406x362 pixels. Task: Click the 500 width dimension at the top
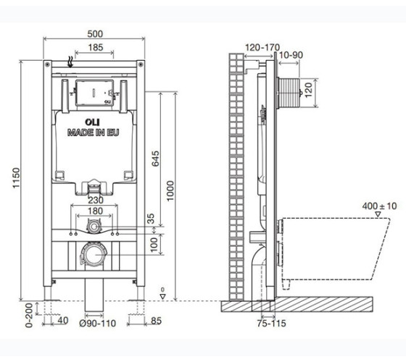click(x=95, y=34)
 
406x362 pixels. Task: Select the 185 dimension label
click(x=96, y=48)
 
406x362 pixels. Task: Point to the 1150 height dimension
click(x=16, y=178)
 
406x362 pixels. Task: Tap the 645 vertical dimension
click(x=155, y=159)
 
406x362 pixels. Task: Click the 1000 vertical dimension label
click(x=170, y=191)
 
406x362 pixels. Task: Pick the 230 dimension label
click(x=96, y=200)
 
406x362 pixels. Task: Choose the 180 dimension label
click(x=95, y=211)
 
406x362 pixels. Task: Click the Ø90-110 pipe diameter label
click(x=97, y=323)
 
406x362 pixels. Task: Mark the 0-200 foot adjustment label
click(x=29, y=315)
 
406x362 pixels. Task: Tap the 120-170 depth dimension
click(x=262, y=48)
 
